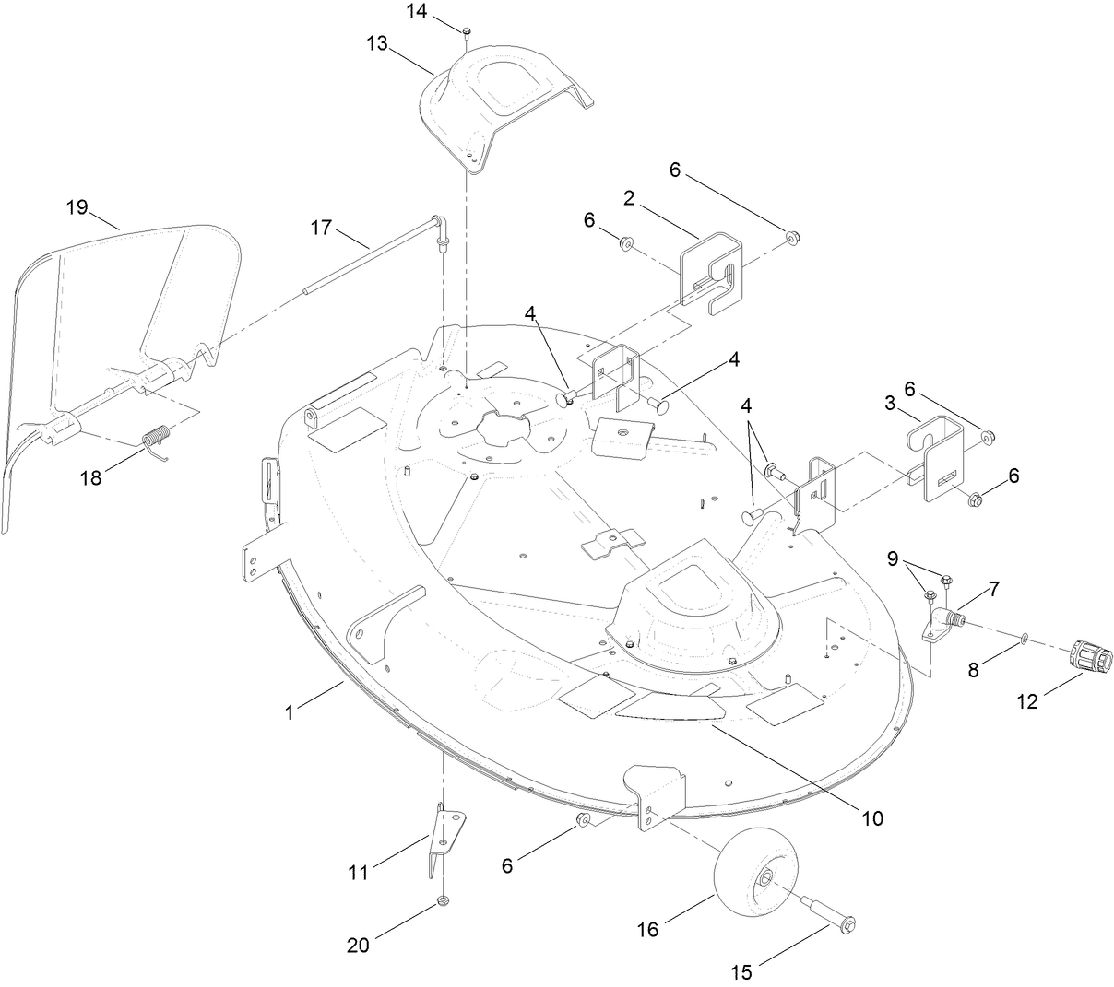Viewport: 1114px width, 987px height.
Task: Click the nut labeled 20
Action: click(x=444, y=900)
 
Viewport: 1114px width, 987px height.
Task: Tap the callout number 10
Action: click(x=872, y=817)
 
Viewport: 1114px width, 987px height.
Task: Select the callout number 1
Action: click(x=290, y=711)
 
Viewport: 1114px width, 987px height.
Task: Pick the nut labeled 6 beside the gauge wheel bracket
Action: click(x=584, y=820)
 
